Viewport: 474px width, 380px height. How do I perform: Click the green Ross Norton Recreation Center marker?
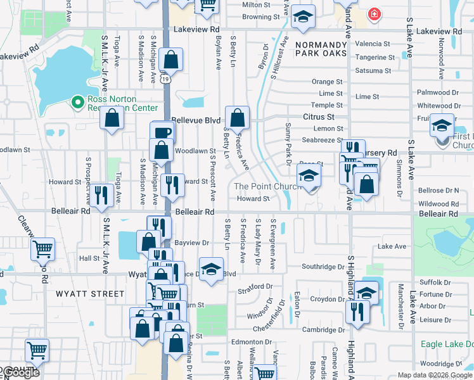tap(78, 102)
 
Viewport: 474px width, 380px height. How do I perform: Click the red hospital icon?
tap(375, 14)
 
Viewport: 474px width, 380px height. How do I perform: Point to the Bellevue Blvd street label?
tap(196, 120)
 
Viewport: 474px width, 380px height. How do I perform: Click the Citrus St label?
tap(318, 117)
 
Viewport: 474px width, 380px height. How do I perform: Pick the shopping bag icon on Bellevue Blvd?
tap(237, 118)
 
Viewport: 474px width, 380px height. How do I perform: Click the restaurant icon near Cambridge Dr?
tap(357, 312)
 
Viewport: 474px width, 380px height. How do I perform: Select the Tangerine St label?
tap(375, 57)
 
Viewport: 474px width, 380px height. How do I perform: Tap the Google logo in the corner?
tap(20, 373)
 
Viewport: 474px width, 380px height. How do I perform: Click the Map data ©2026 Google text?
tap(435, 375)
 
